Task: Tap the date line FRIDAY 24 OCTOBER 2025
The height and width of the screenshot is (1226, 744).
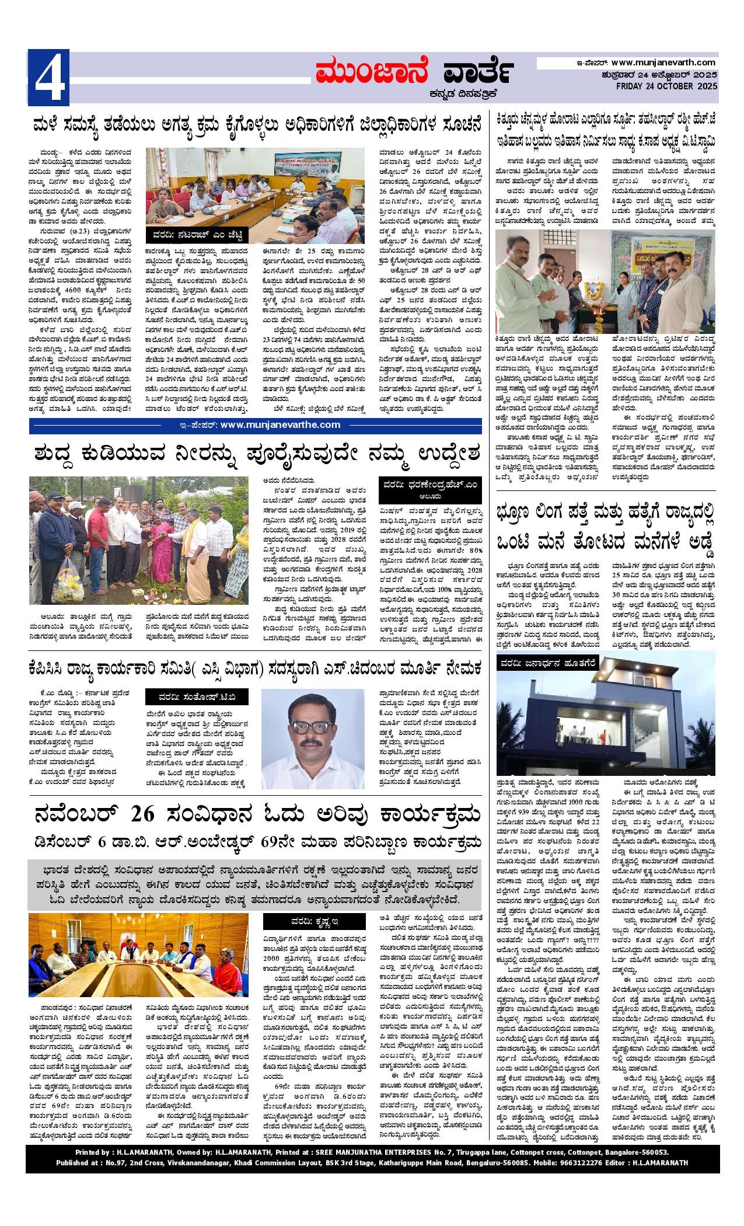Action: coord(666,86)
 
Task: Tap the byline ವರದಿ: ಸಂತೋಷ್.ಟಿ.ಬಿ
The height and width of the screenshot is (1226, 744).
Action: coord(197,698)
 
